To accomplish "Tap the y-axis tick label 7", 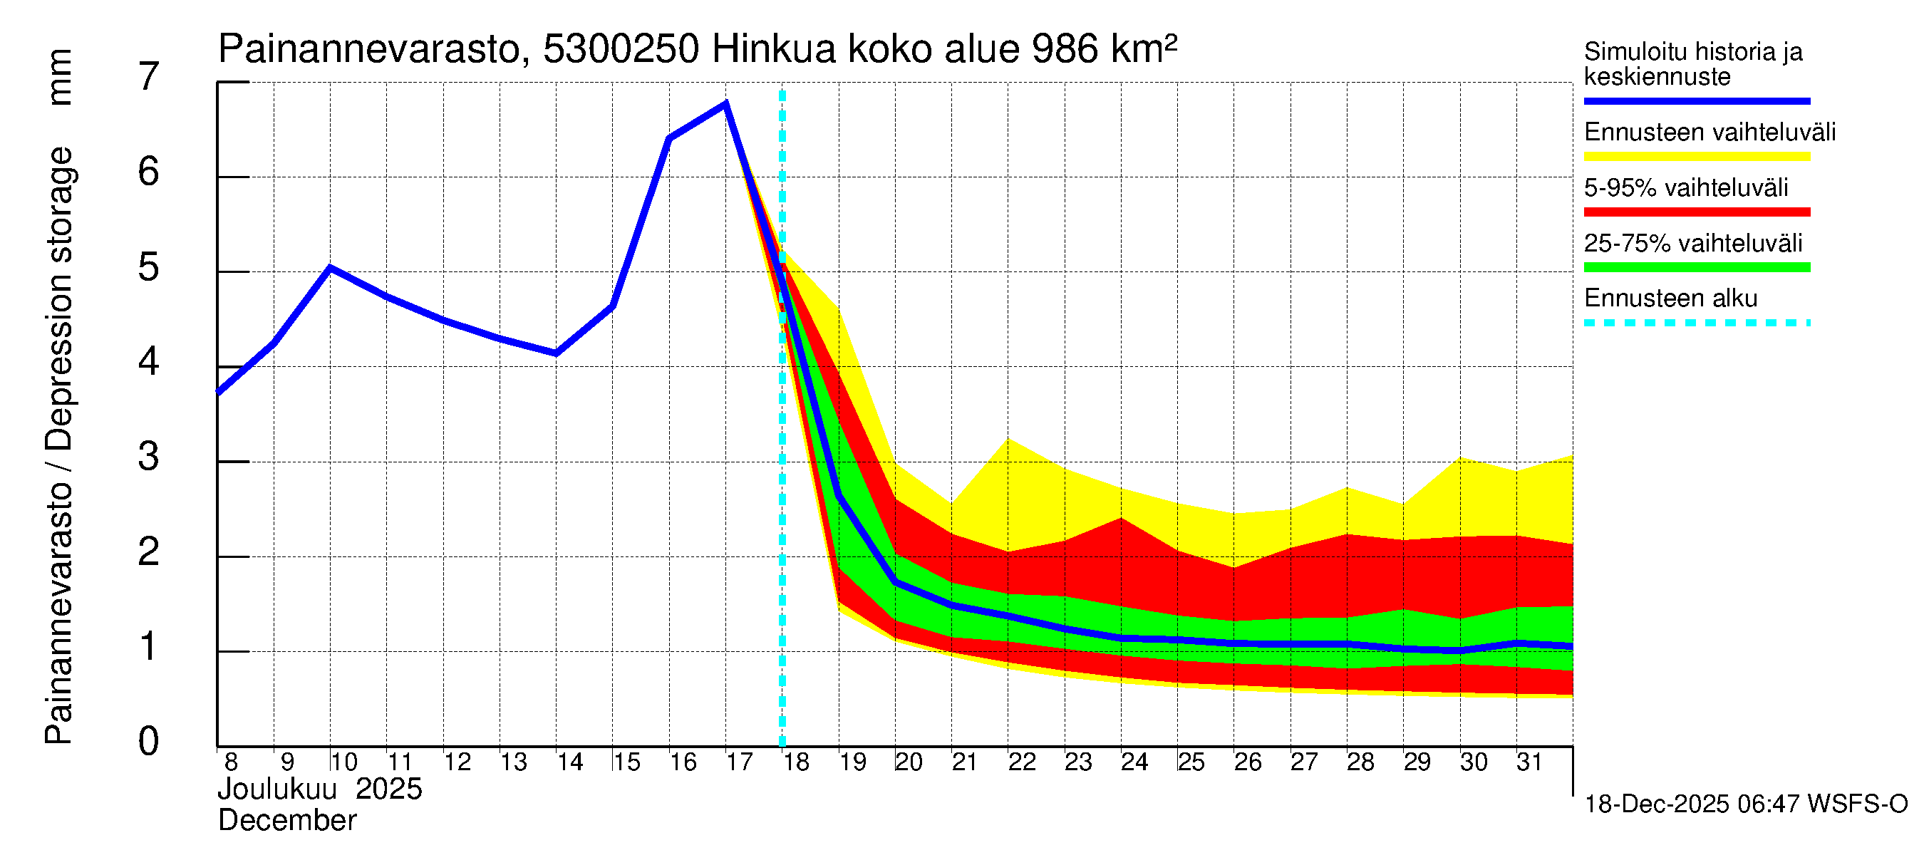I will pyautogui.click(x=149, y=77).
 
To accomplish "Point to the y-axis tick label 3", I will pyautogui.click(x=149, y=457).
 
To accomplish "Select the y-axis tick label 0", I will pyautogui.click(x=149, y=742).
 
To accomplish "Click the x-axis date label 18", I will pyautogui.click(x=796, y=762).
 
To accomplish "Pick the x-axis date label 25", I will pyautogui.click(x=1191, y=762).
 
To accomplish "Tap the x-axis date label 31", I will pyautogui.click(x=1530, y=762).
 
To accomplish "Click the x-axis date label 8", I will pyautogui.click(x=231, y=762).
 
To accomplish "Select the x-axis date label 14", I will pyautogui.click(x=570, y=762).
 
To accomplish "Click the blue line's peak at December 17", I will pyautogui.click(x=726, y=104).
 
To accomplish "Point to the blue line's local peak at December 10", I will pyautogui.click(x=330, y=267).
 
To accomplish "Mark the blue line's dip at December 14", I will pyautogui.click(x=556, y=353).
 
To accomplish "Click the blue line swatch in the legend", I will pyautogui.click(x=1696, y=100).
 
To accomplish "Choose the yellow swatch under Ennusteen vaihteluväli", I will pyautogui.click(x=1696, y=157).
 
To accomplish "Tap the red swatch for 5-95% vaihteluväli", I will pyautogui.click(x=1696, y=212).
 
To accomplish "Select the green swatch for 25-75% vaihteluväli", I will pyautogui.click(x=1696, y=267).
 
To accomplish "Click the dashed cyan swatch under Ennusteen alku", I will pyautogui.click(x=1696, y=323).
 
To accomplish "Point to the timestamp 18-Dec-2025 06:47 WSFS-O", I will pyautogui.click(x=1745, y=805).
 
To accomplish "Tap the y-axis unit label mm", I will pyautogui.click(x=60, y=77).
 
